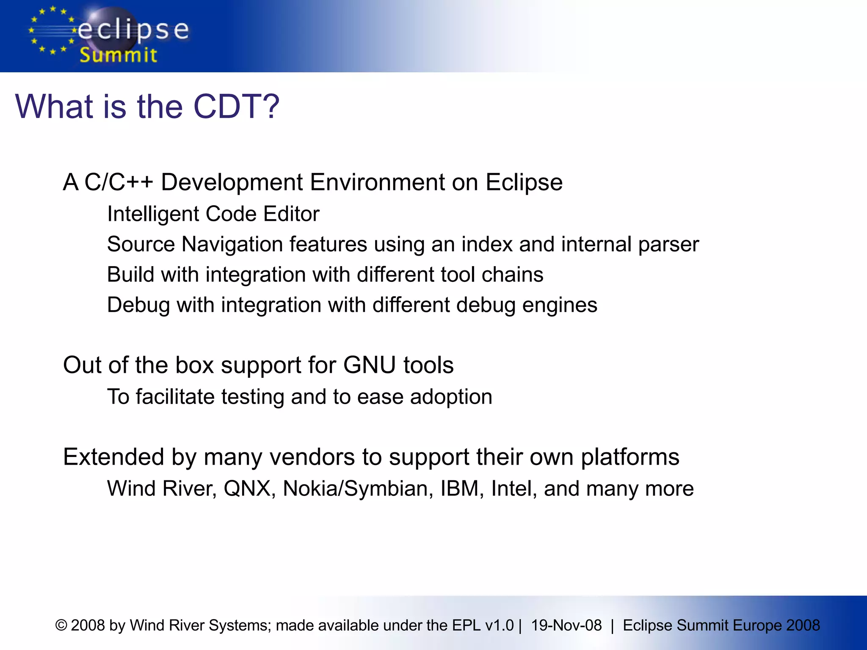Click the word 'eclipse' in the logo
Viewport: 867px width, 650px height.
pyautogui.click(x=133, y=30)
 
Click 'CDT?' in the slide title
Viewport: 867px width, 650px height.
pyautogui.click(x=236, y=106)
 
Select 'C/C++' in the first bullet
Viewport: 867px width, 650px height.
pyautogui.click(x=119, y=182)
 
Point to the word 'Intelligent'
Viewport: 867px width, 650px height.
pyautogui.click(x=153, y=214)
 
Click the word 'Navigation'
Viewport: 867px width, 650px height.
pyautogui.click(x=232, y=245)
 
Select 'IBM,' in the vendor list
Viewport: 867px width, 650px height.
pyautogui.click(x=462, y=489)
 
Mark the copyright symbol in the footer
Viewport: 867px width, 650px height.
pyautogui.click(x=61, y=625)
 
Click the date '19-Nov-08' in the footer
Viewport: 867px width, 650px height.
pyautogui.click(x=566, y=625)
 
